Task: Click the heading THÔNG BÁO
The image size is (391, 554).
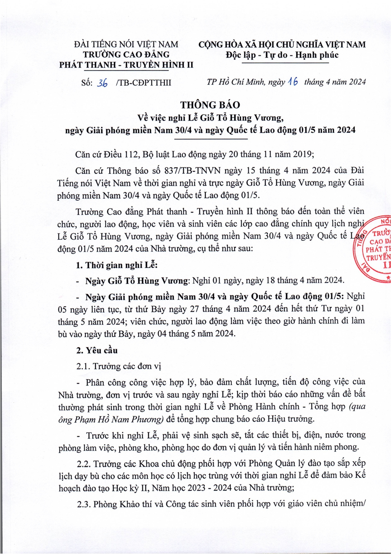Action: [210, 105]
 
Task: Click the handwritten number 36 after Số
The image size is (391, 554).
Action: [102, 83]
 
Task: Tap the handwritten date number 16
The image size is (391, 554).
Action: [293, 82]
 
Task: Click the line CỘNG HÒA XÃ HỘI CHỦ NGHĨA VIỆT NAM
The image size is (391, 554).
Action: [282, 45]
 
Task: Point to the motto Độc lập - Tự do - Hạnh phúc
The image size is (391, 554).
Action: [282, 55]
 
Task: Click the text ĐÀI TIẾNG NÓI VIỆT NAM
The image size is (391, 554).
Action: [126, 45]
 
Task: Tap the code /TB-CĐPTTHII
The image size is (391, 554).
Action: [143, 83]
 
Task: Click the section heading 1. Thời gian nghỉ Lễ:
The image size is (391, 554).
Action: [116, 265]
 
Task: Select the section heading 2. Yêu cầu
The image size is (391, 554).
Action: [97, 350]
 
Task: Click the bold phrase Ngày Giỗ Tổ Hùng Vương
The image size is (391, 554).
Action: [137, 281]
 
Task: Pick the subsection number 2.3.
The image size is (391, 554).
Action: [83, 504]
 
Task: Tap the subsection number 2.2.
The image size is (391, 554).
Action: [83, 464]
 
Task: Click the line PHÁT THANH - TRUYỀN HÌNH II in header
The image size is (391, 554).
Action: [126, 65]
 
